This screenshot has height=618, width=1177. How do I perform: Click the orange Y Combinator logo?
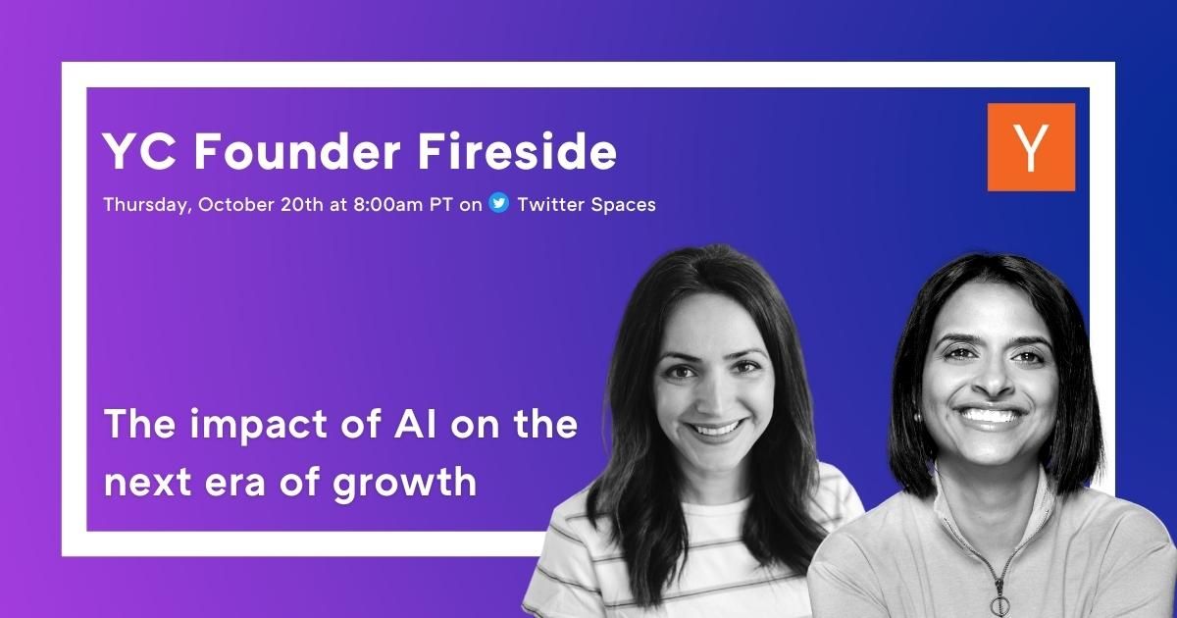point(1031,147)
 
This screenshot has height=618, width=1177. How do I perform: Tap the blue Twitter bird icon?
point(498,203)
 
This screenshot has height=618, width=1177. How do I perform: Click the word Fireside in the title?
point(517,151)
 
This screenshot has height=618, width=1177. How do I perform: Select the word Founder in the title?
point(297,151)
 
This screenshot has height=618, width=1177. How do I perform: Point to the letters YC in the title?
point(139,151)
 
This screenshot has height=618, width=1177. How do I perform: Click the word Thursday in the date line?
point(145,204)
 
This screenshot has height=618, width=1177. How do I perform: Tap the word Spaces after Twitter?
point(623,205)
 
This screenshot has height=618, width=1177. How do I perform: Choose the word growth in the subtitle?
point(404,483)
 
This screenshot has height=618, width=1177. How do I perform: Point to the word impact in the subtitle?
point(258,426)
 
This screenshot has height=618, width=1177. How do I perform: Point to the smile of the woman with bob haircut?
point(992,417)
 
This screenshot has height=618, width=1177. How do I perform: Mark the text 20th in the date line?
point(302,204)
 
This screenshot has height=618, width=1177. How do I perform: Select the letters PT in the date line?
point(440,204)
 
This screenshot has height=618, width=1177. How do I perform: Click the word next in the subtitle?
point(148,484)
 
